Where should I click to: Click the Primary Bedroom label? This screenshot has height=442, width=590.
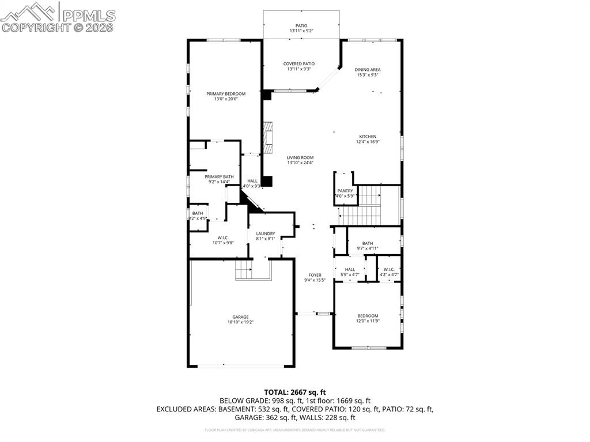pyautogui.click(x=226, y=94)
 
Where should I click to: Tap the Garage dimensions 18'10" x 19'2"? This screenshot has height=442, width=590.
pyautogui.click(x=240, y=323)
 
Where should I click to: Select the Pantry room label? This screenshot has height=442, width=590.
pyautogui.click(x=345, y=191)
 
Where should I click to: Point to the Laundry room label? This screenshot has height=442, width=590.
pyautogui.click(x=266, y=233)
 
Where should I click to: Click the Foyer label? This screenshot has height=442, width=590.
pyautogui.click(x=315, y=275)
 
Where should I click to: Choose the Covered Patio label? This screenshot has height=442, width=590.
pyautogui.click(x=298, y=64)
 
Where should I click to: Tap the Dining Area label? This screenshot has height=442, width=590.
pyautogui.click(x=367, y=70)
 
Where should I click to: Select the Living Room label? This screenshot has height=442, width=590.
pyautogui.click(x=300, y=157)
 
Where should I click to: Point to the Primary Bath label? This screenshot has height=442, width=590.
pyautogui.click(x=219, y=176)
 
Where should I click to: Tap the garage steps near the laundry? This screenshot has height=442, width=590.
pyautogui.click(x=244, y=269)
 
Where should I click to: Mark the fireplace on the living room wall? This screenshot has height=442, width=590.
pyautogui.click(x=267, y=136)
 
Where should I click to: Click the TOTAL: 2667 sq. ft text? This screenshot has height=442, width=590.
pyautogui.click(x=295, y=392)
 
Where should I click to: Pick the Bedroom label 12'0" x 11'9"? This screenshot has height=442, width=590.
pyautogui.click(x=368, y=316)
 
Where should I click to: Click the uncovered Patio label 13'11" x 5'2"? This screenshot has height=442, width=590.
pyautogui.click(x=302, y=25)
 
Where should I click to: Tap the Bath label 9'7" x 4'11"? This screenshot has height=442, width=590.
pyautogui.click(x=368, y=243)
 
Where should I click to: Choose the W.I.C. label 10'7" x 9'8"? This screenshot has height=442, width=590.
pyautogui.click(x=224, y=237)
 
